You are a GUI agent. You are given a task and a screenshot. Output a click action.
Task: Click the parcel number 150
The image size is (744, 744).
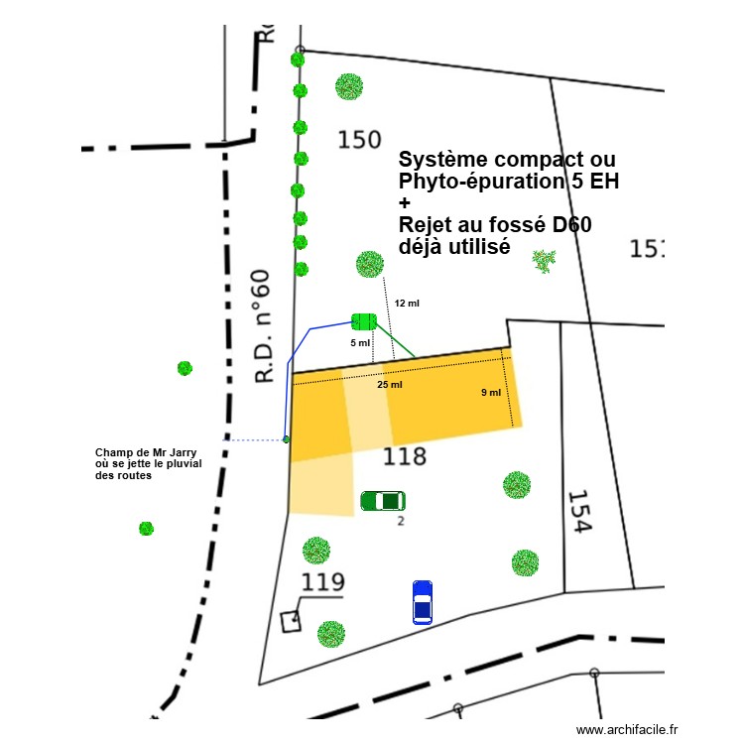359,140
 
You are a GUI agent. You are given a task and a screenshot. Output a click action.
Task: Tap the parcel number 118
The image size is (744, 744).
405,456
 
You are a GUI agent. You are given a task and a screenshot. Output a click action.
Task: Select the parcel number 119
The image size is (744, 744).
321,582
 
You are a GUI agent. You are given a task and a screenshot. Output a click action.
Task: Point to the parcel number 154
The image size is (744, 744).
579,512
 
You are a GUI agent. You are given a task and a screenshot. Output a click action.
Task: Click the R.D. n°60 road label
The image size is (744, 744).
262,325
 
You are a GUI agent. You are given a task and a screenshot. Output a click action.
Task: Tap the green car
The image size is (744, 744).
383,501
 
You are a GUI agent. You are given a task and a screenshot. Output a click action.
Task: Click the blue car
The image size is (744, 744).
423,602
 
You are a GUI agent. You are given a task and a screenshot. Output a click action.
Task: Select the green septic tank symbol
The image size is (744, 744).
363,320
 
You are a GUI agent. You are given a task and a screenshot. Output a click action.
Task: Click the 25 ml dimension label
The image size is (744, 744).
390,385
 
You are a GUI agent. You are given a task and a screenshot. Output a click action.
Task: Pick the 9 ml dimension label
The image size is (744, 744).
491,393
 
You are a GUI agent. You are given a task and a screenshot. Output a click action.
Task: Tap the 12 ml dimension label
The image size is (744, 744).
407,303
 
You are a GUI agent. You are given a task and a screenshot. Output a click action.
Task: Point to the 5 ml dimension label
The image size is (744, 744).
360,343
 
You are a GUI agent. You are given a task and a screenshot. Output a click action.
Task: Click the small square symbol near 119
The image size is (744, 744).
291,621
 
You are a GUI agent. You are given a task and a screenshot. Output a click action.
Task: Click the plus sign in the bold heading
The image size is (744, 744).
404,202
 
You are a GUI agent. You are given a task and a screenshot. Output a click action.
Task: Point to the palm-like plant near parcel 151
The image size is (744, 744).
544,261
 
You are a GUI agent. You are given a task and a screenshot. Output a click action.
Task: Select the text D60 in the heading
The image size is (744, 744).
572,225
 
